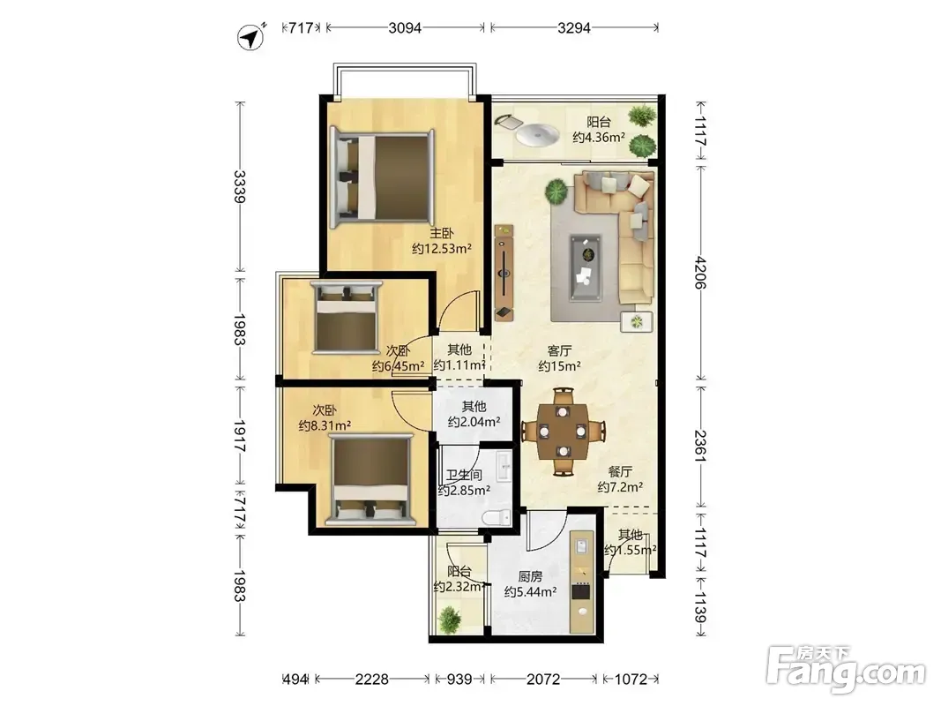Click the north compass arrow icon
[x=251, y=37]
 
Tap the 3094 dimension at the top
[x=405, y=27]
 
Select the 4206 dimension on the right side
[x=700, y=273]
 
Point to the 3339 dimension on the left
[x=240, y=187]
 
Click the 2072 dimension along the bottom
[x=543, y=679]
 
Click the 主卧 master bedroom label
[x=442, y=234]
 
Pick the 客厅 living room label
[x=559, y=350]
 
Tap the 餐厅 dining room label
[x=620, y=472]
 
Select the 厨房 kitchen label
[x=531, y=577]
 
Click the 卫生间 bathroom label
[x=464, y=475]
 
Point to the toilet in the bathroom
[x=497, y=517]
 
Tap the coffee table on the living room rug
[x=585, y=267]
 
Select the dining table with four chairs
[x=563, y=431]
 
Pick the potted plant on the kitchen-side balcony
[x=449, y=619]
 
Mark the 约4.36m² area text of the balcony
[x=599, y=138]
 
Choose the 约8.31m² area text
[x=325, y=425]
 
